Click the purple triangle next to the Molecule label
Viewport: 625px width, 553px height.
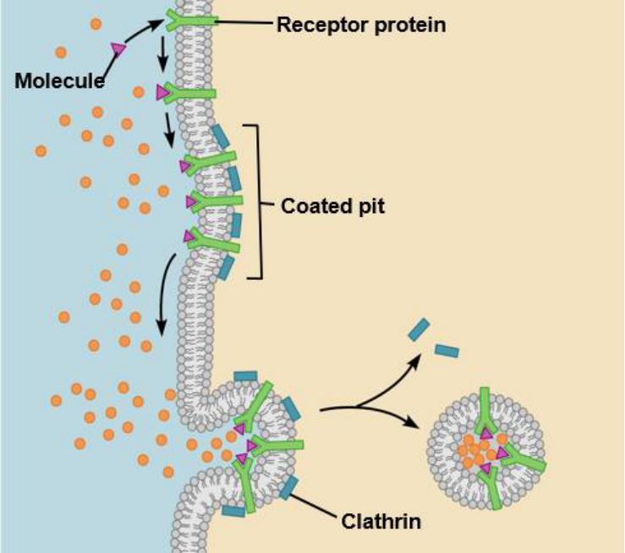coord(118,52)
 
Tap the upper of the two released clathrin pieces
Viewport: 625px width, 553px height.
coord(417,330)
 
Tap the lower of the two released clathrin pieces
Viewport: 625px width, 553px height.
coord(446,349)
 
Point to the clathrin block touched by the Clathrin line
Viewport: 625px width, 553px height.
coord(288,487)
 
